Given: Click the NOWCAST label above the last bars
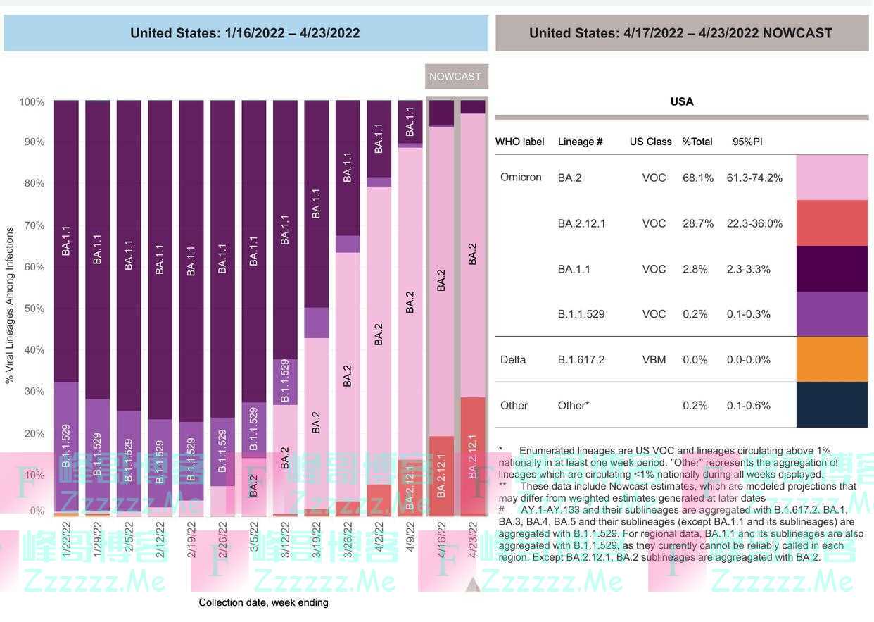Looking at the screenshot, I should pos(455,76).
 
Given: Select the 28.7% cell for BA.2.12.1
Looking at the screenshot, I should pos(697,223).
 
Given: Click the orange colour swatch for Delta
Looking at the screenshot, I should pos(832,359).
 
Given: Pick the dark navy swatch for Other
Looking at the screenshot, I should pos(832,405).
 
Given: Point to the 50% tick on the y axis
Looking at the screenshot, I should pos(32,309).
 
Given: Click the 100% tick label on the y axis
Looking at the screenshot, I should pos(32,102).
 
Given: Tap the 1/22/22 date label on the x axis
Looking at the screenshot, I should pos(67,540).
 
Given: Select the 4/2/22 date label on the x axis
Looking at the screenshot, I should pos(379,540).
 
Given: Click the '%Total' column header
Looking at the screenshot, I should pos(697,142).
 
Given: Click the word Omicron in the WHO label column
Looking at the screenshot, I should pos(521,177).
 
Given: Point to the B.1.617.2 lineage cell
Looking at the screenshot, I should pos(581,359).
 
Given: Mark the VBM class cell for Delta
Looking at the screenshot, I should pos(654,359).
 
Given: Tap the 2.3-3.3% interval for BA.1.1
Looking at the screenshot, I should pos(749,269).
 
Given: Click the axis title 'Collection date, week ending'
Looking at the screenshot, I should pos(263,602).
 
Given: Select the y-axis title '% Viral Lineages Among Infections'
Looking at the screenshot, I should pos(10,304).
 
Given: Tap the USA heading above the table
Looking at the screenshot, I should pos(682,101).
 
